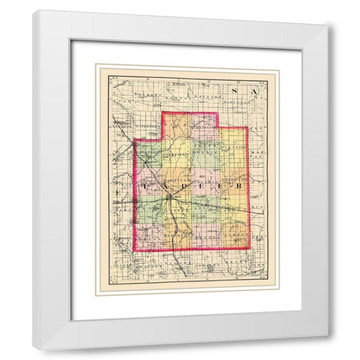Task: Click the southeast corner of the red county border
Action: point(247,247)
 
